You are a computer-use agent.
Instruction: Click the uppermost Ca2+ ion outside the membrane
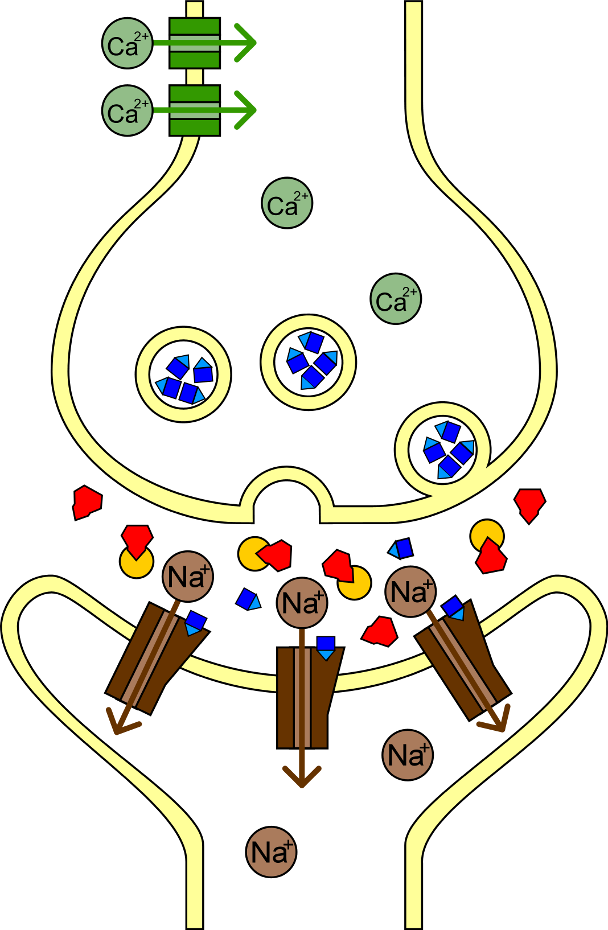tap(128, 43)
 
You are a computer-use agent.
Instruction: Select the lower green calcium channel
tap(194, 110)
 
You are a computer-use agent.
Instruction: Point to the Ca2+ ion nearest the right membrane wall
tap(396, 298)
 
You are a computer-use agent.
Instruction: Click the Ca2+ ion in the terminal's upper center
tap(287, 203)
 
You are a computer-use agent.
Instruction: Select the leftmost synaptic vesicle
tap(183, 375)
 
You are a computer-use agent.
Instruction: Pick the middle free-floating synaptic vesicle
tap(309, 362)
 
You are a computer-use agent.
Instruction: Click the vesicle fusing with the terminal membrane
tap(443, 450)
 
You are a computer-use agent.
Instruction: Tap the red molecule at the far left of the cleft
tap(87, 503)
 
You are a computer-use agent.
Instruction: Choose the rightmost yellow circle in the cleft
tap(487, 536)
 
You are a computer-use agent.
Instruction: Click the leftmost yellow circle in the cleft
tap(137, 562)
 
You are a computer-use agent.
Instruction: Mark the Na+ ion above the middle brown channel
tap(302, 602)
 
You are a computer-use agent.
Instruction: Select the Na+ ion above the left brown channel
tap(188, 576)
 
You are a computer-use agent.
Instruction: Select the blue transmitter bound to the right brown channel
tap(454, 608)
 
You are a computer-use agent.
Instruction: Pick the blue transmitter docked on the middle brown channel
tap(326, 648)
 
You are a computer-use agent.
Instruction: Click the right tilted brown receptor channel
tap(463, 660)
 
